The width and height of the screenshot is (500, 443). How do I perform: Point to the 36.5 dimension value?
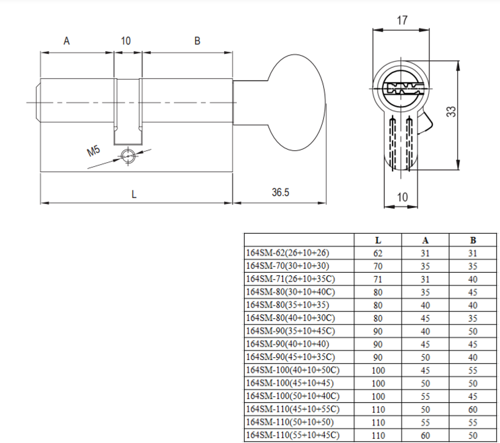coord(280,192)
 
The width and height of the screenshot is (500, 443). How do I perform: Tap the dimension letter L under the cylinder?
coord(134,194)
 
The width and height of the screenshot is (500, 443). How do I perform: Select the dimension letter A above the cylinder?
coord(66,41)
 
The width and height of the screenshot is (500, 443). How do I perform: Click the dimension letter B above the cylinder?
coord(197,41)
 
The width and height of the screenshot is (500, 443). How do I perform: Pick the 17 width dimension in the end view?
coord(401,21)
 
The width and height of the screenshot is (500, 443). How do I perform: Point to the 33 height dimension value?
coord(451,111)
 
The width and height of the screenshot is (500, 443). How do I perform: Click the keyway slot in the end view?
coord(401,90)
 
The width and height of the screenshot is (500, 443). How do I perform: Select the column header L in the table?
coord(377,240)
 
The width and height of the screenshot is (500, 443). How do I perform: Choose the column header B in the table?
coord(472,240)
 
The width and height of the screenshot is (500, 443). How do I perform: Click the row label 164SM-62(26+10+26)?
coord(288,253)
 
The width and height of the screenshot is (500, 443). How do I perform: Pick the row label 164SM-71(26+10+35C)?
coord(290,279)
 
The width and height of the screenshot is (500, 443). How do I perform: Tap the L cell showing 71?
coord(377,279)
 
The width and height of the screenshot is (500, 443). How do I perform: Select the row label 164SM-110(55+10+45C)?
coord(293,435)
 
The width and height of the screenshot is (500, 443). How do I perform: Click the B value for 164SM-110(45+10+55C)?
coord(472,409)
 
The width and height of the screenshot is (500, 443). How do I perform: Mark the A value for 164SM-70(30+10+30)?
coord(425,266)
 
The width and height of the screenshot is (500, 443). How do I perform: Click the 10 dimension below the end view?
coord(402,197)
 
